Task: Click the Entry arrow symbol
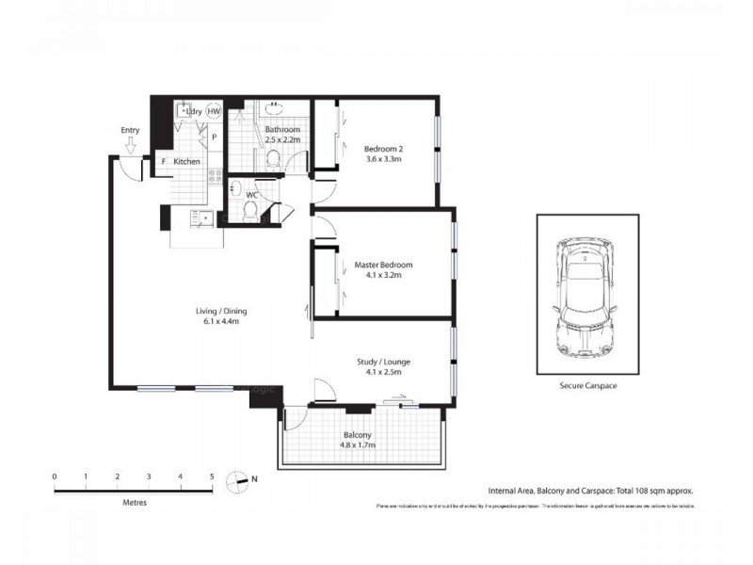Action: [131, 145]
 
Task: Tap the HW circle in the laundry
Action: [215, 111]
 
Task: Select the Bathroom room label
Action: [282, 129]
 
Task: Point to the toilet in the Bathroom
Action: [274, 163]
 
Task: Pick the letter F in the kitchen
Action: [163, 162]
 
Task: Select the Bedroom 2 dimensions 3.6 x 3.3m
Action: [383, 159]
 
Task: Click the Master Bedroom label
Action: [383, 266]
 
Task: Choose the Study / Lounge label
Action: [383, 362]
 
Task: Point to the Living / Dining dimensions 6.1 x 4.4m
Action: [223, 322]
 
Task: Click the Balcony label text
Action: [357, 435]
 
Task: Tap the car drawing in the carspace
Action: [585, 294]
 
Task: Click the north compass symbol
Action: [243, 480]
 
